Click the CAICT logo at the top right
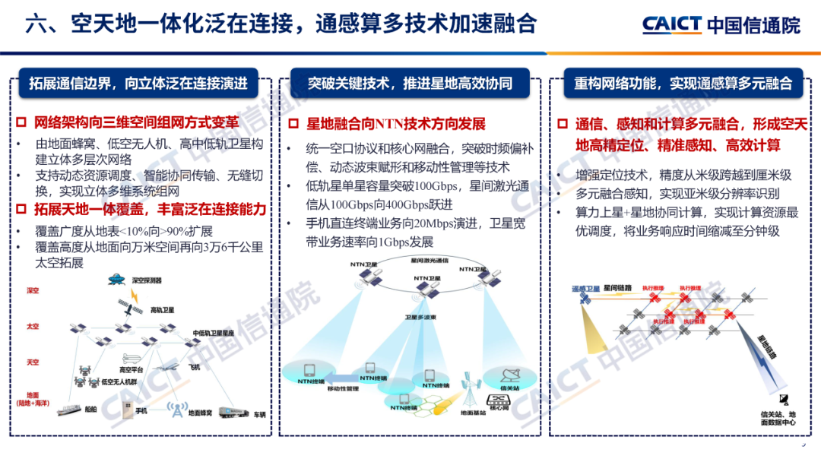[720, 24]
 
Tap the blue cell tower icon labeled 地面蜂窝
[176, 411]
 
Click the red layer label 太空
[32, 327]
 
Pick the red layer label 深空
[32, 291]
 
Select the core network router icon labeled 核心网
[498, 400]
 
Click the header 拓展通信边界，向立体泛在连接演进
[138, 83]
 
